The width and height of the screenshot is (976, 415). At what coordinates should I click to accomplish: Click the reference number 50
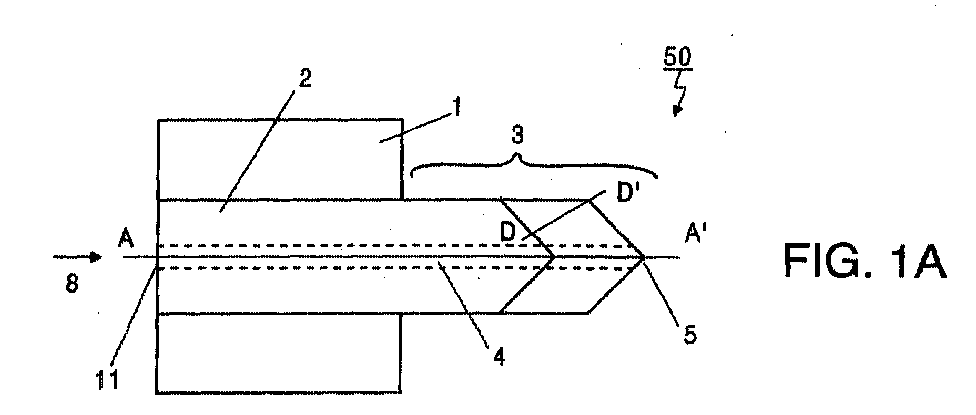[x=677, y=58]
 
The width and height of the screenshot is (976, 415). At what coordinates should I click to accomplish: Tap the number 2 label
[x=304, y=78]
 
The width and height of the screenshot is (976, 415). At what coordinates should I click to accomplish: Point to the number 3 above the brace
[x=517, y=136]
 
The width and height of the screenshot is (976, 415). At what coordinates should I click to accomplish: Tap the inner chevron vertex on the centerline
[x=554, y=257]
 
